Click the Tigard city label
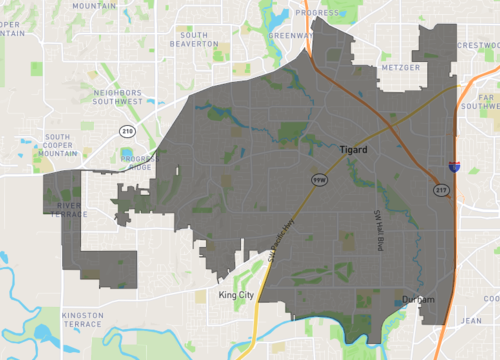(x=354, y=150)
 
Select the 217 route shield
(x=440, y=188)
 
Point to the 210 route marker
(x=126, y=131)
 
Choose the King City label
(x=238, y=296)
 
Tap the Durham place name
(x=419, y=300)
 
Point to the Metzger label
(x=371, y=68)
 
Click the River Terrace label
(x=62, y=209)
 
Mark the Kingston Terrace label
(x=83, y=321)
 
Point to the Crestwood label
(x=478, y=44)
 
